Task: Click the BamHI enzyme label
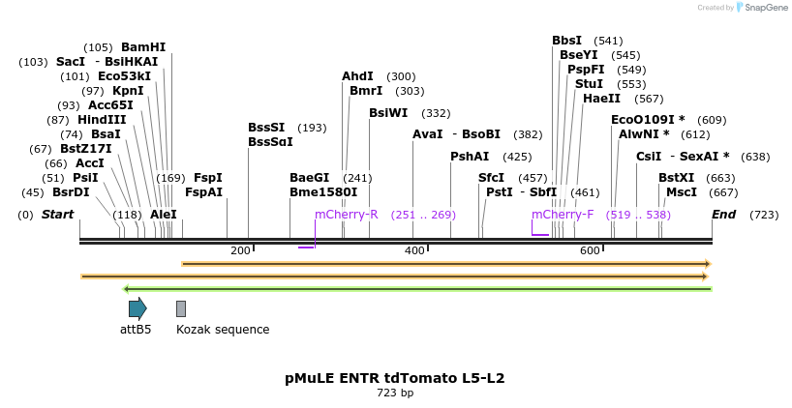[x=143, y=47]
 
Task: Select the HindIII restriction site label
[x=102, y=120]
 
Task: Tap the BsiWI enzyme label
[x=388, y=113]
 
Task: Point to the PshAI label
[x=470, y=156]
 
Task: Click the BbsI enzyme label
[x=566, y=41]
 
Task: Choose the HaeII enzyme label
[x=602, y=99]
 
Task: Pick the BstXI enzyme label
[x=676, y=178]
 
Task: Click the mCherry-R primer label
[x=346, y=215]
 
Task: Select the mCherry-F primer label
[x=563, y=215]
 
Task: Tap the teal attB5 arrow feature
[x=137, y=308]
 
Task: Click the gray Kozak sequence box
[x=181, y=308]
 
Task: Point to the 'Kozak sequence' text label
[x=223, y=330]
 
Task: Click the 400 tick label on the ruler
[x=414, y=250]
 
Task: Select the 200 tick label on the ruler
[x=240, y=250]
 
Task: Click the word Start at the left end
[x=57, y=215]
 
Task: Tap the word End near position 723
[x=723, y=215]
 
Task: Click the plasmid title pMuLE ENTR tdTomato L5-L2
[x=395, y=378]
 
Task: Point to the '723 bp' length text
[x=395, y=393]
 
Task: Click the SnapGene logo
[x=762, y=8]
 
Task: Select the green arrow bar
[x=416, y=288]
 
